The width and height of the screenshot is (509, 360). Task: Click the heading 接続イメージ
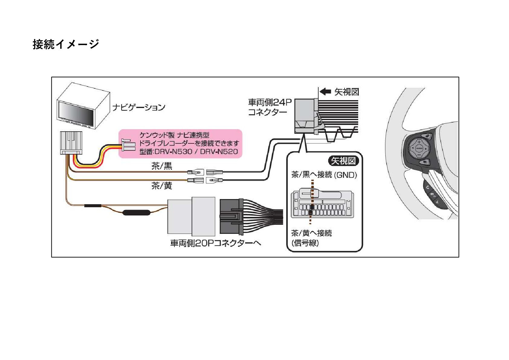point(66,44)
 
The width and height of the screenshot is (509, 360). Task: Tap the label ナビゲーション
point(139,107)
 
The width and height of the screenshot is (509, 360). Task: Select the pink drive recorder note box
point(180,144)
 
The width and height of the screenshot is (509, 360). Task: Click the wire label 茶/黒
point(162,166)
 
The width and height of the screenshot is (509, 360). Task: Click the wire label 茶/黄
point(162,185)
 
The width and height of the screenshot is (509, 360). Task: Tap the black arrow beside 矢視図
point(325,91)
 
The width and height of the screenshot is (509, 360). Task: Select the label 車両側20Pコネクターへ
point(216,243)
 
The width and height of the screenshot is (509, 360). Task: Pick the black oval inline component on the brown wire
point(136,212)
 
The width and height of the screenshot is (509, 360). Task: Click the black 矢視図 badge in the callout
point(344,161)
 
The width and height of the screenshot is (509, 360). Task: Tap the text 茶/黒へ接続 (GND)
point(324,175)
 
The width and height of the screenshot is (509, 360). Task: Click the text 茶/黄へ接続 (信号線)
point(311,238)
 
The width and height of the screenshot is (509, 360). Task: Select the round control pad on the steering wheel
point(419,149)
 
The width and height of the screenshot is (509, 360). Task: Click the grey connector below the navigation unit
point(71,142)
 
